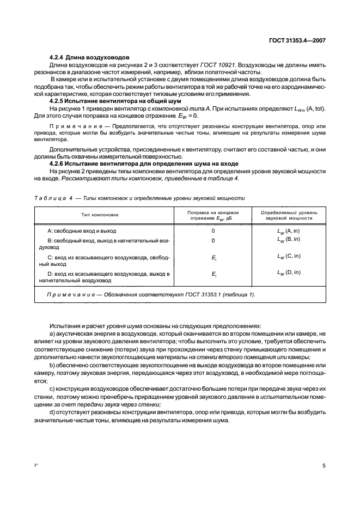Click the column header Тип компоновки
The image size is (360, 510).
(x=101, y=215)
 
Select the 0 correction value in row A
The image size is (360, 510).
(x=213, y=232)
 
